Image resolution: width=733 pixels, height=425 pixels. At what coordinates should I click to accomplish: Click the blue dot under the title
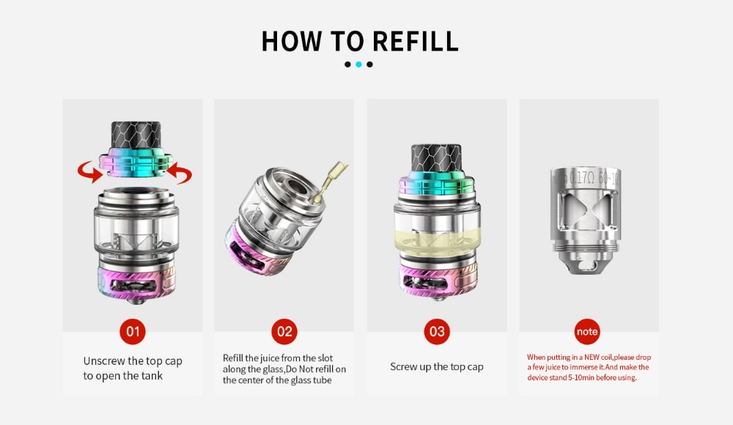click(359, 64)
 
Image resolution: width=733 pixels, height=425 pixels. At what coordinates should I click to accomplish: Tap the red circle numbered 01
click(133, 331)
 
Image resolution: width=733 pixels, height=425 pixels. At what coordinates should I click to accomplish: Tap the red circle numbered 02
click(284, 331)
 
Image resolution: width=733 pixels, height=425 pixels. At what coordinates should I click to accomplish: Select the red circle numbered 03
click(437, 331)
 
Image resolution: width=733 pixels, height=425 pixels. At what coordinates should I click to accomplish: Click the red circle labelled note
click(588, 331)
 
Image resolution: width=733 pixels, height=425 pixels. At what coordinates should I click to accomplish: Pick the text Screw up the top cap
click(436, 366)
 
